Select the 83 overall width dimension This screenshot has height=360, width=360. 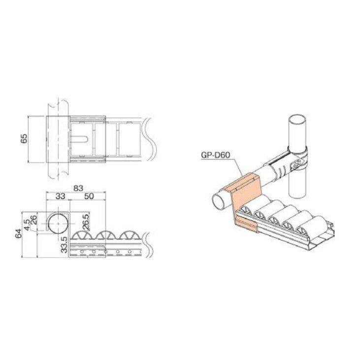point(76,187)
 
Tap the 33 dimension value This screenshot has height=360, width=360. point(60,196)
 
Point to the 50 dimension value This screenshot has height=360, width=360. point(89,196)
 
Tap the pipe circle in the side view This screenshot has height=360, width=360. point(59,224)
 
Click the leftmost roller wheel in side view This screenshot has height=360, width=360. point(82,236)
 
